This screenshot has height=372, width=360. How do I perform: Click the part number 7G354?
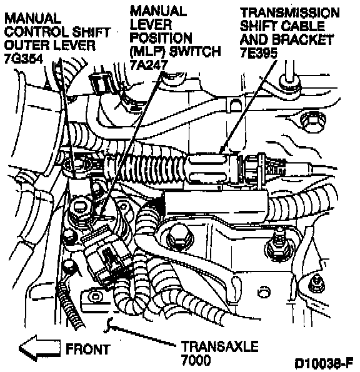coord(24,59)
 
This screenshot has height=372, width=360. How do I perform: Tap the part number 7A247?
coord(149,64)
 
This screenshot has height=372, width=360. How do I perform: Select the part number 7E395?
coord(259,52)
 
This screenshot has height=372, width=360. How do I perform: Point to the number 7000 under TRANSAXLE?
coord(196,360)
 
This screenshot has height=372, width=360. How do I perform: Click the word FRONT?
coord(88,350)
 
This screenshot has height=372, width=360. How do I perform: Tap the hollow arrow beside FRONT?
coord(39,348)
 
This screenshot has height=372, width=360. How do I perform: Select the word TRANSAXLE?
coord(220,346)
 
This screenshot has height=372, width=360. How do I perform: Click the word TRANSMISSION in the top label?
coord(290,13)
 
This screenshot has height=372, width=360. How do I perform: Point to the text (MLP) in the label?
coord(147,51)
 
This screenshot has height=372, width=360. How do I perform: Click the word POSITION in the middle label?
coord(161,37)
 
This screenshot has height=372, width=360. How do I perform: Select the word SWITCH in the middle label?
coord(196,51)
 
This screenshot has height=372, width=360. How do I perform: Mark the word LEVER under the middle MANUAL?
coord(151,24)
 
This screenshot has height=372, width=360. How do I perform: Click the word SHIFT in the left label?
coord(91,32)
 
